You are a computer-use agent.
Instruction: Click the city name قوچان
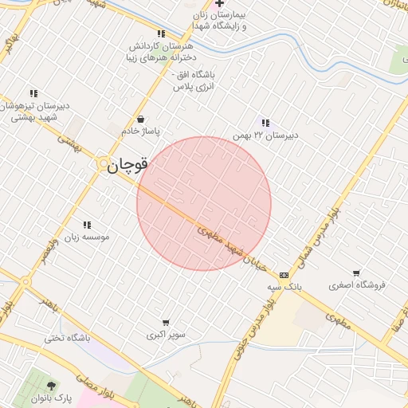click(128, 165)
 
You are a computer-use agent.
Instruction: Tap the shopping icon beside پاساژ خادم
click(141, 119)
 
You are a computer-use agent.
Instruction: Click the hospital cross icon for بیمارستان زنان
click(219, 4)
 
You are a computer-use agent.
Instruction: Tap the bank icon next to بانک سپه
click(284, 274)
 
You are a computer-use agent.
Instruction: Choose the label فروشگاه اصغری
click(357, 284)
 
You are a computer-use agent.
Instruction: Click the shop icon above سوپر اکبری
click(166, 323)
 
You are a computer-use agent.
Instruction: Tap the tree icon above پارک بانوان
click(53, 386)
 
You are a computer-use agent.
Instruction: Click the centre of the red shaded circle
click(204, 203)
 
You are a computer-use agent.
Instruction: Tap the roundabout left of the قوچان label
click(103, 163)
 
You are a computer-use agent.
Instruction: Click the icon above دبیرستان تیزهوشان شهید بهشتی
click(33, 93)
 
